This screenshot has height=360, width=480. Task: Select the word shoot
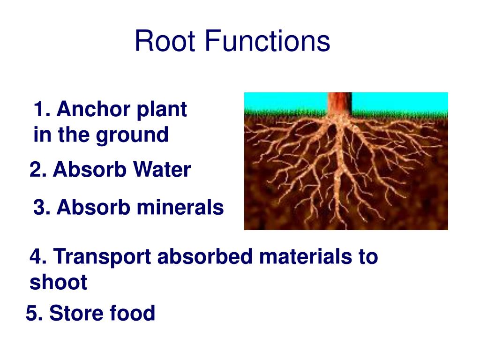coord(58,283)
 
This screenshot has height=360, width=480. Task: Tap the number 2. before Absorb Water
coord(37,170)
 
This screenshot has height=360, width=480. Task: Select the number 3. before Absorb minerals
coord(41,207)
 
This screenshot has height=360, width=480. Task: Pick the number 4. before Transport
coord(37,257)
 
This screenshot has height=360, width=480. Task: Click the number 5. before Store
coord(34,313)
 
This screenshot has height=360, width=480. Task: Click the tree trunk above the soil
coord(339,103)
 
